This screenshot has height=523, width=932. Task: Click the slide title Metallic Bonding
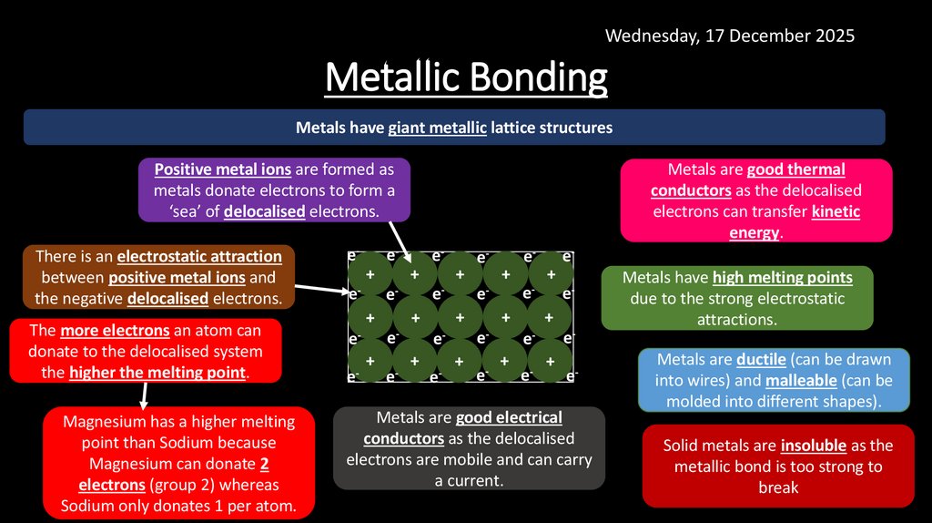coord(466,77)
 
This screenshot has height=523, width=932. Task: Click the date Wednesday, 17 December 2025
coord(729,36)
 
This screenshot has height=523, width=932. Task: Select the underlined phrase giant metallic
coord(437,128)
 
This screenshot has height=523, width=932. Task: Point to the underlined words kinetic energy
coord(836,211)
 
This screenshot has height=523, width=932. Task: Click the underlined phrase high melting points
coord(782,278)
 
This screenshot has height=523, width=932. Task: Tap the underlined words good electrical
coord(509,418)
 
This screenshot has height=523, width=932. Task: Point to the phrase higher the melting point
coord(157,373)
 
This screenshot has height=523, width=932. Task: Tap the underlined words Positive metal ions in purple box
coord(223,169)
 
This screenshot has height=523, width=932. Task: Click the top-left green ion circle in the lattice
coord(370,274)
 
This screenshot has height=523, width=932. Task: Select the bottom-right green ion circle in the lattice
coord(549,361)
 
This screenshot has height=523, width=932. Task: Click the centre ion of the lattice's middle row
coord(460,318)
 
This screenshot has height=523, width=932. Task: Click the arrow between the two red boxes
coord(144,395)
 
